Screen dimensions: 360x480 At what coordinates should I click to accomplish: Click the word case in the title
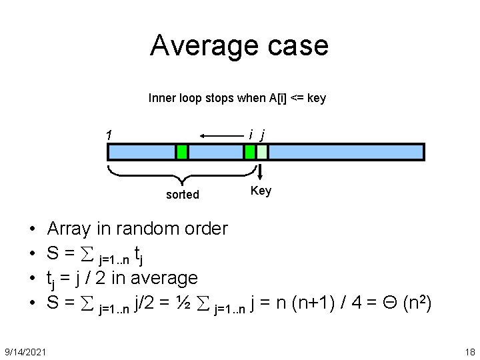(x=298, y=45)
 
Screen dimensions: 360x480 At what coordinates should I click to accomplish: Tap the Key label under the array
(x=261, y=191)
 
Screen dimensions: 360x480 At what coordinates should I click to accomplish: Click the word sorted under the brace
(x=183, y=194)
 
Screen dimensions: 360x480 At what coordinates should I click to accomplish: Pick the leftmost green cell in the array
(x=181, y=152)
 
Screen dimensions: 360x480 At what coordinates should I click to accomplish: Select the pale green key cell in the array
(x=262, y=152)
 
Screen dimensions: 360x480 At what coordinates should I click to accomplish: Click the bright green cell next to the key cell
(x=250, y=152)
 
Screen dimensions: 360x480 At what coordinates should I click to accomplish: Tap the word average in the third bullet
(x=165, y=277)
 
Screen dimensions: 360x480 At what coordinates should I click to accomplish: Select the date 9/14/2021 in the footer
(x=25, y=351)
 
